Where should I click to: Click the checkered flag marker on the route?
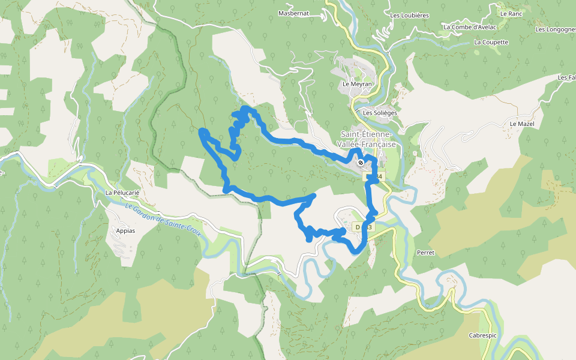coord(360,162)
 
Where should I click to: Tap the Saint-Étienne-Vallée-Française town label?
coord(367,139)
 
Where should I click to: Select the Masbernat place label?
coord(294,13)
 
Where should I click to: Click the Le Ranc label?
coord(511,13)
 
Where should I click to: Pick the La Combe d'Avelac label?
coord(469,27)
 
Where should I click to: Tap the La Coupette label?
coord(491,43)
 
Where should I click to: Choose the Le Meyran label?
coord(357,85)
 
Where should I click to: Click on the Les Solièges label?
coord(380,113)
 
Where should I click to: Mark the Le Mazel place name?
coord(521,124)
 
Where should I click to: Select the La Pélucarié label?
coord(122,193)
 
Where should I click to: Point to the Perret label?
coord(425,253)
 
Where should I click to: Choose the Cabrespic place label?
coord(484,335)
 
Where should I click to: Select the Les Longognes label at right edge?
coord(556,29)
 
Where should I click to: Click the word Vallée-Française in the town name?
coord(368,145)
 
